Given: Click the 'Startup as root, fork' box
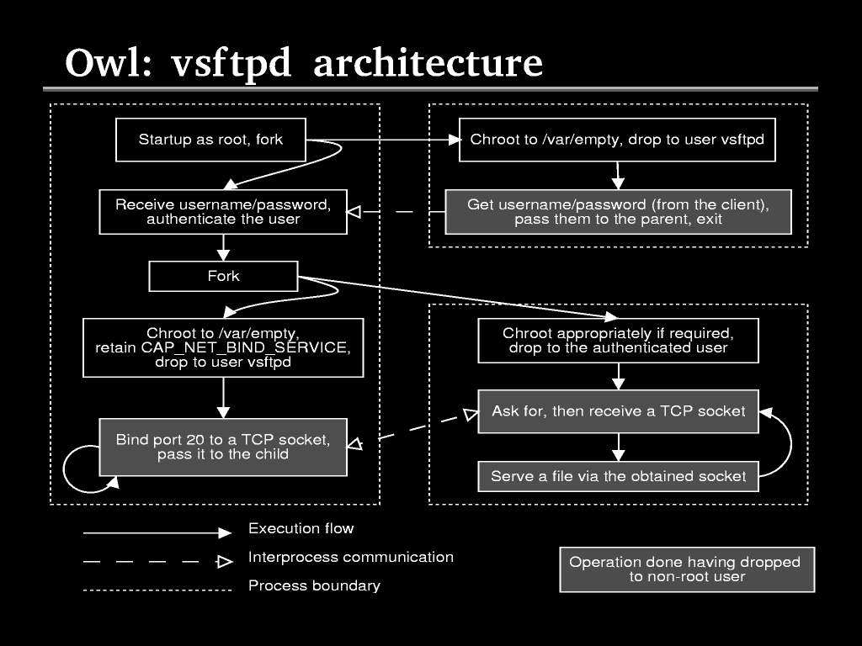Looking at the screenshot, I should [210, 140].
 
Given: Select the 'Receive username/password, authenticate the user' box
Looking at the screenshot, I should [223, 212].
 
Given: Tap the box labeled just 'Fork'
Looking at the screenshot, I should [223, 276].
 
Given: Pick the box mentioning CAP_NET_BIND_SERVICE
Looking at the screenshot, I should [223, 347].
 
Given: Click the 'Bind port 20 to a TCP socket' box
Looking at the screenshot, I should [223, 447].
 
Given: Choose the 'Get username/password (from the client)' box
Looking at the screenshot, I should [618, 212].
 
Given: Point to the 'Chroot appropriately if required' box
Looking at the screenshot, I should [618, 341].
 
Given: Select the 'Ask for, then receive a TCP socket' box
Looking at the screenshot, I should [618, 411].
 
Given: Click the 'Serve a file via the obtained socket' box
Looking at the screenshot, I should [618, 476].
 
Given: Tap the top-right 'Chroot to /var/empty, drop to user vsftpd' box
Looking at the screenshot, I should [617, 140].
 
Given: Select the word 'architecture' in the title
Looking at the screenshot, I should [428, 64].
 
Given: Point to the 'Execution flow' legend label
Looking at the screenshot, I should [301, 529].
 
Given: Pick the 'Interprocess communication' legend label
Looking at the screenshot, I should [350, 557].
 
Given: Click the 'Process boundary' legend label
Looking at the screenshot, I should [314, 585].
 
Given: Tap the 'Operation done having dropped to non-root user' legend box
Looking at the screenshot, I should [687, 569].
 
